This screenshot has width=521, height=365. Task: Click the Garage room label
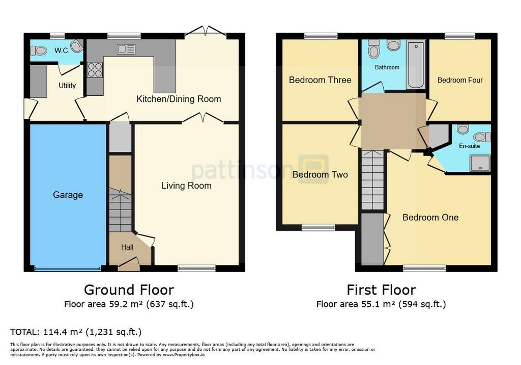point(68,195)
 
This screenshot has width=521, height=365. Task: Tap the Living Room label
point(186,186)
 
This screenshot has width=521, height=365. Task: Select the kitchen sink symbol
point(126,49)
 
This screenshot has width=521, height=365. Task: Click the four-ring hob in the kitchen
point(95,70)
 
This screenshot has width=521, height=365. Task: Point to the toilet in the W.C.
point(38,50)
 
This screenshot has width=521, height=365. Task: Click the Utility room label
point(67,86)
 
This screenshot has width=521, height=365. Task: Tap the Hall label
point(127,247)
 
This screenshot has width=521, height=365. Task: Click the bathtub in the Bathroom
point(416,65)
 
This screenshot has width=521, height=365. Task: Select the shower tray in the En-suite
point(480,164)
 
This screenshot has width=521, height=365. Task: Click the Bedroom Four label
point(460,80)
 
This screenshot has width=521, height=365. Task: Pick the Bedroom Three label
point(320,80)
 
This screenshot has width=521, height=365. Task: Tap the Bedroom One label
point(430,218)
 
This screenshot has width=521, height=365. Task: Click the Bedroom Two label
point(320,174)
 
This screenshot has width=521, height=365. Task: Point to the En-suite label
point(470,146)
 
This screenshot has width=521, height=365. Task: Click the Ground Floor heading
point(129,290)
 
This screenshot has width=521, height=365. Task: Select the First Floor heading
point(381,290)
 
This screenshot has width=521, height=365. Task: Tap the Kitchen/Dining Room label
point(179,99)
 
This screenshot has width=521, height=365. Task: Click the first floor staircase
point(373,180)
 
